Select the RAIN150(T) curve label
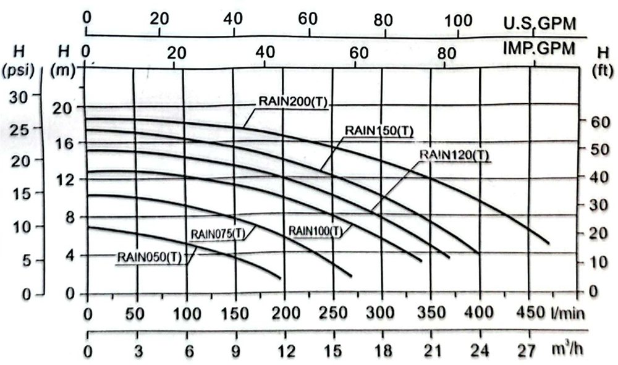(379, 130)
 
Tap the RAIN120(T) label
(453, 154)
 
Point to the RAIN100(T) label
(315, 231)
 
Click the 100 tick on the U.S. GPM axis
(459, 19)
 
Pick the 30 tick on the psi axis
(21, 96)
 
